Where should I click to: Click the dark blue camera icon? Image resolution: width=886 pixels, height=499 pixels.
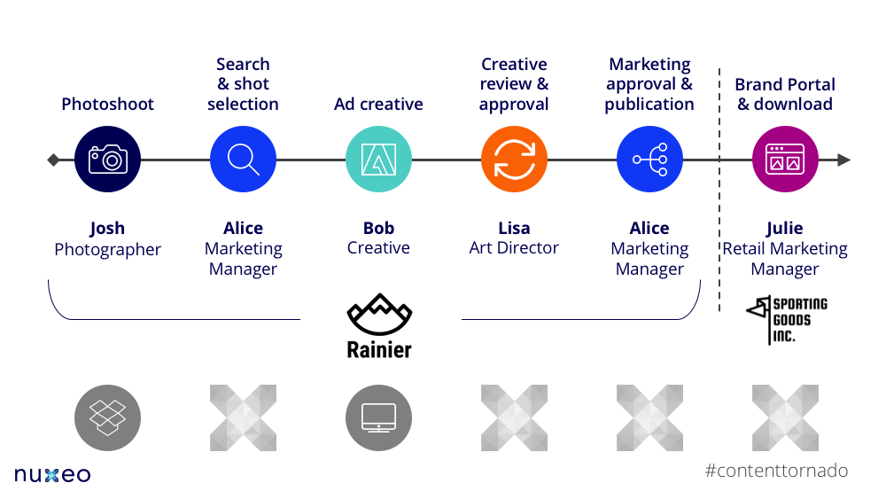click(x=108, y=160)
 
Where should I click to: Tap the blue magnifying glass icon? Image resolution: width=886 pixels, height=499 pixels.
click(x=243, y=160)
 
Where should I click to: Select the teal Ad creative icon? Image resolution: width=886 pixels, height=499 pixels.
click(x=378, y=160)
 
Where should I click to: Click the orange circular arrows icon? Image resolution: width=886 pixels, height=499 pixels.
click(x=514, y=160)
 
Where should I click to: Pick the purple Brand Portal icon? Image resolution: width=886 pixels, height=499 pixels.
click(x=785, y=160)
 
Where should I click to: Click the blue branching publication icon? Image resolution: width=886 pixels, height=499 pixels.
click(x=649, y=160)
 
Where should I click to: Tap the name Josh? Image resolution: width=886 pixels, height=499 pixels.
click(x=108, y=229)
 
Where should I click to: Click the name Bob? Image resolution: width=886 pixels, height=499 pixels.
click(x=378, y=229)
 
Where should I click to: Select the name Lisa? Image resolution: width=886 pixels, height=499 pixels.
click(x=514, y=229)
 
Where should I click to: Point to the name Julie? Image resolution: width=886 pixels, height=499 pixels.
click(x=785, y=229)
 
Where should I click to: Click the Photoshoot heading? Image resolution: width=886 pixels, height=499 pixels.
click(x=108, y=105)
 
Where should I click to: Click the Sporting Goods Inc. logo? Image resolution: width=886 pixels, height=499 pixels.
click(x=786, y=320)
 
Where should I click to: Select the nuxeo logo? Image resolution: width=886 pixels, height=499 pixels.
click(x=52, y=475)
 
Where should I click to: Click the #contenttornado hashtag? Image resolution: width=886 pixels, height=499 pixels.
click(x=776, y=471)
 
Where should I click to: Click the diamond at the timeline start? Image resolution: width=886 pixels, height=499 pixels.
click(x=53, y=160)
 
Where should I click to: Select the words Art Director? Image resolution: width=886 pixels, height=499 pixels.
click(x=514, y=249)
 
